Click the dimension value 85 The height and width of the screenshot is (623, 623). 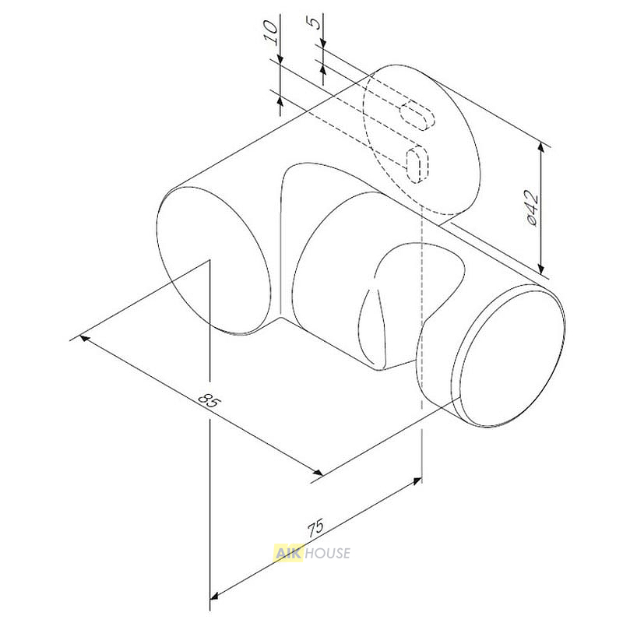pos(208,401)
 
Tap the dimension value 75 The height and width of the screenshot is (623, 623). pos(316,528)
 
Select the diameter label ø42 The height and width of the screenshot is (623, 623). pos(532,208)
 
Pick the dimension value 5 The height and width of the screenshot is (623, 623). pos(314,23)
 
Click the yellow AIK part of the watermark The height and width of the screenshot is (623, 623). pos(287,553)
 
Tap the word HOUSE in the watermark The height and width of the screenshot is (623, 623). pos(326,553)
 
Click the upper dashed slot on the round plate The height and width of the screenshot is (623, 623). pos(417,116)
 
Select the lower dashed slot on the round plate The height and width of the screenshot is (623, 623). pos(417,164)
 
